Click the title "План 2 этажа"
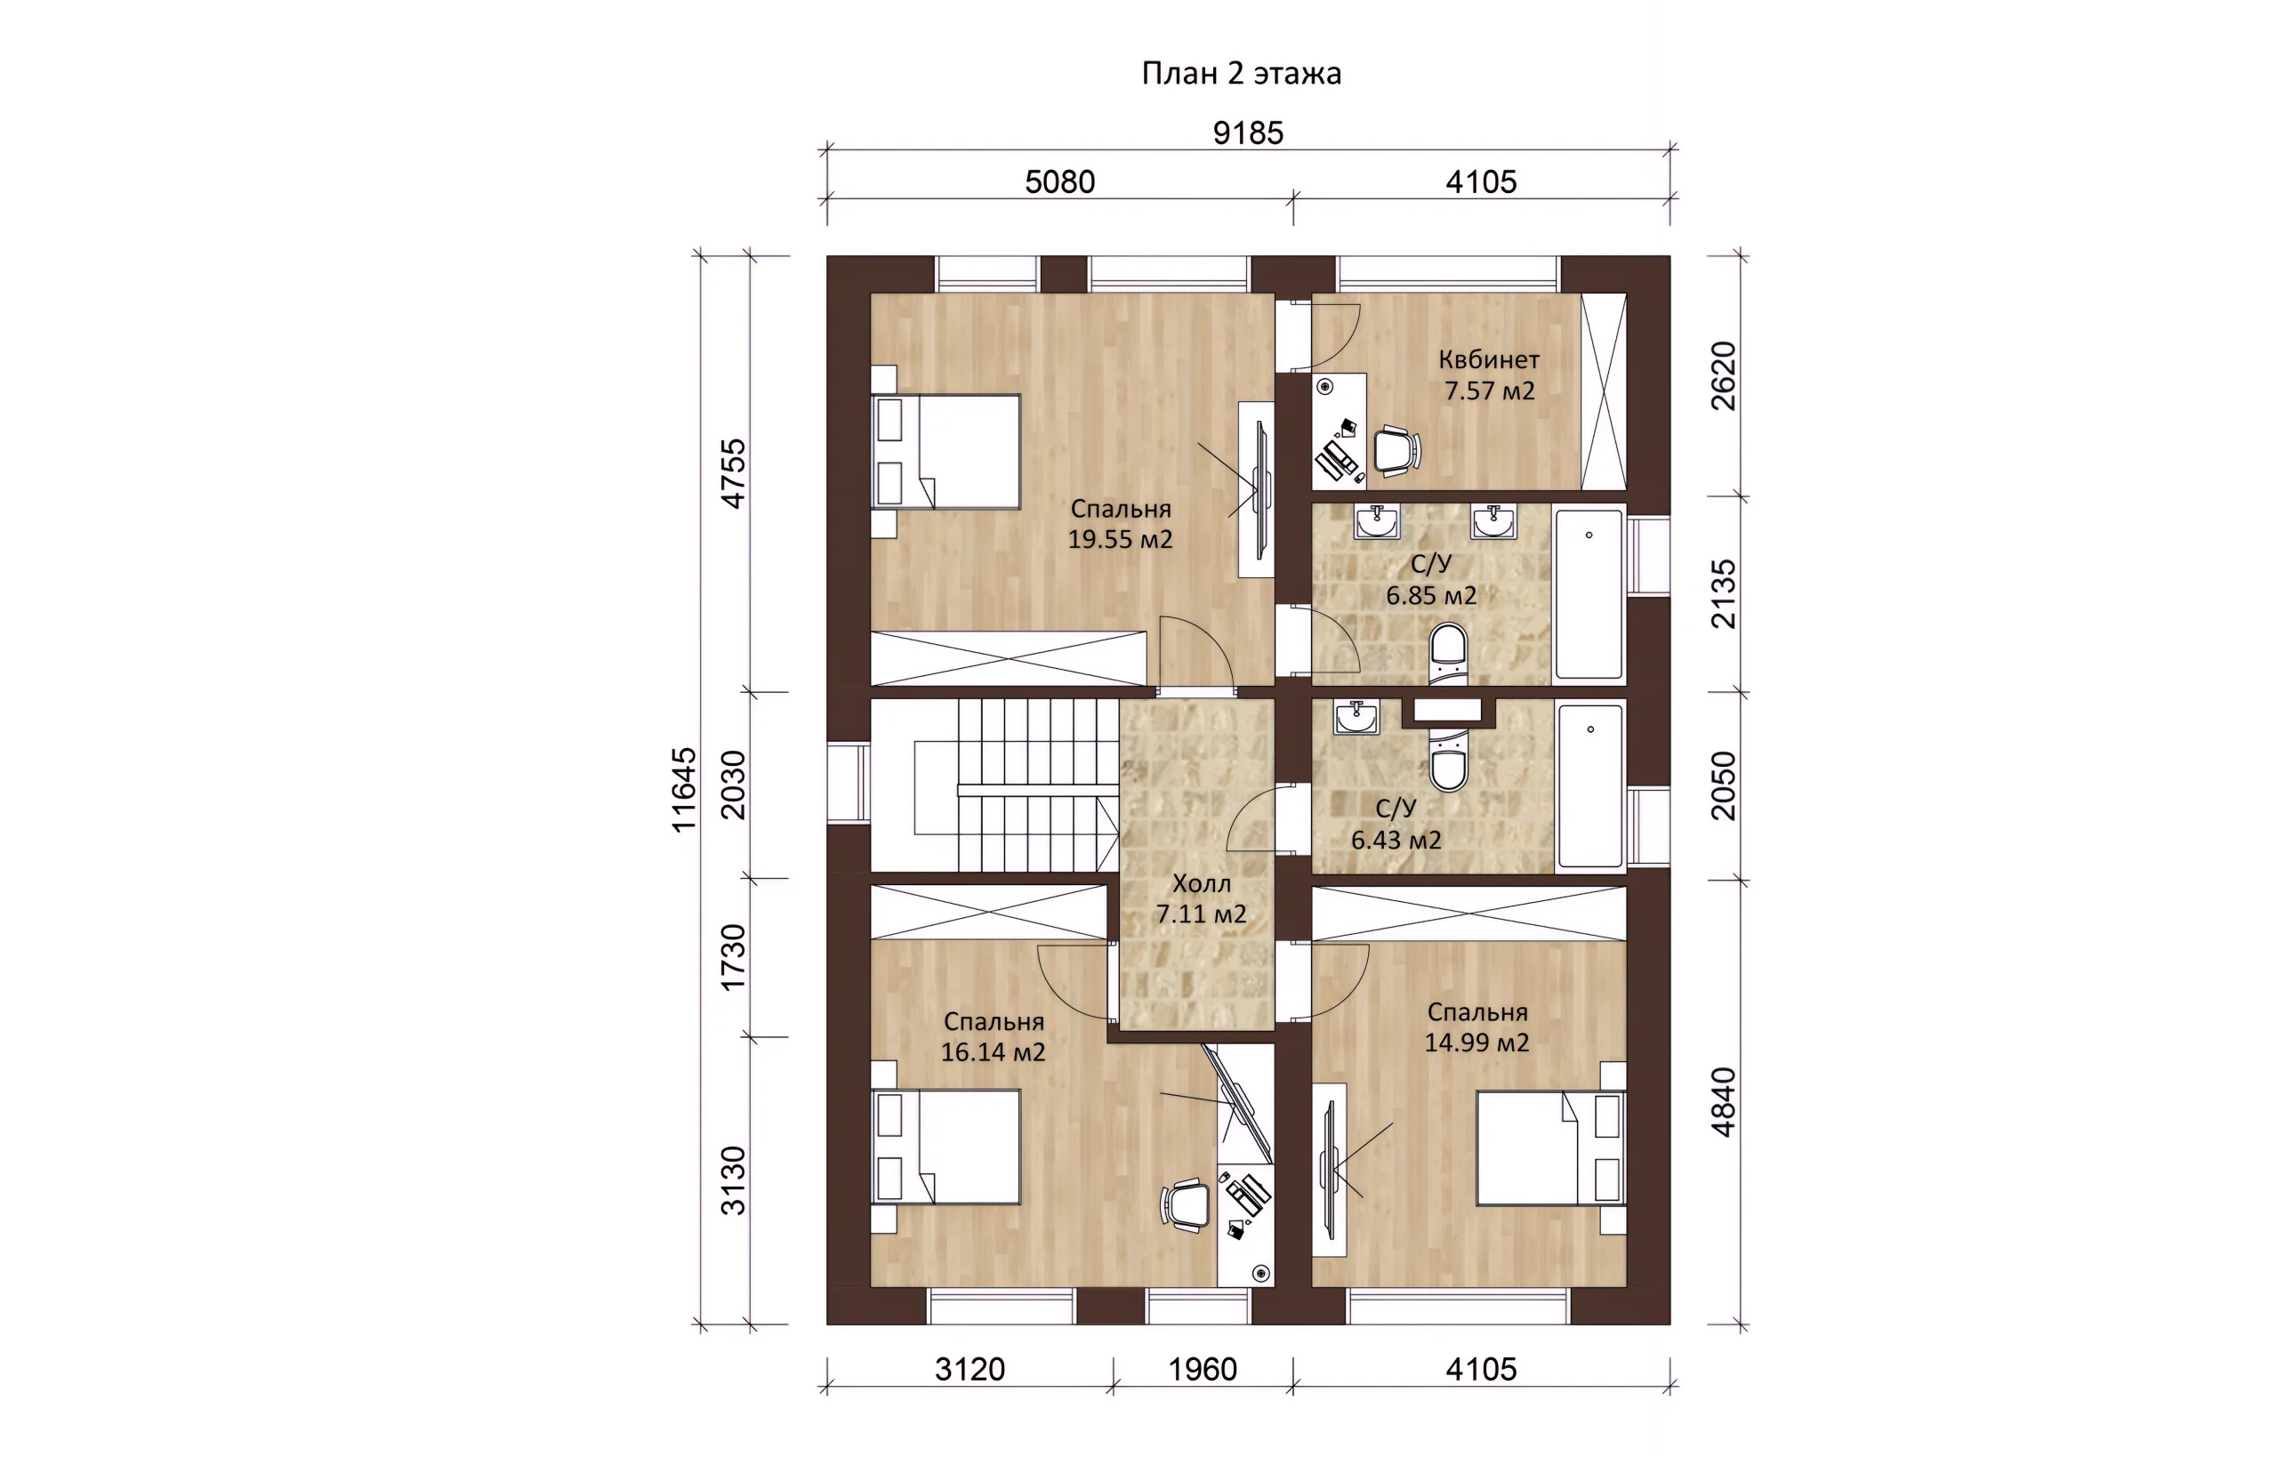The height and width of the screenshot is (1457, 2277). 1241,74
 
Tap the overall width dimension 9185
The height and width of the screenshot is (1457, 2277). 1248,133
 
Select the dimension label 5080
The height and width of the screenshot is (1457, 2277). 1059,181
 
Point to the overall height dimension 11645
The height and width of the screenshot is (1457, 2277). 684,790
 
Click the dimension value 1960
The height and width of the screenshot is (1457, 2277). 1203,1370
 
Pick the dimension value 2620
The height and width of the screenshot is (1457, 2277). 1724,375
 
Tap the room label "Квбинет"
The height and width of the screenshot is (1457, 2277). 1489,359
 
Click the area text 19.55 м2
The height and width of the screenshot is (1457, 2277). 1120,540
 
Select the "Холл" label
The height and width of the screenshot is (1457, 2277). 1202,883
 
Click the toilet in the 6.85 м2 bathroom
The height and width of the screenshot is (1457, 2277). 1447,653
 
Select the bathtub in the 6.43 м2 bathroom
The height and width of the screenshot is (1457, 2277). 1590,785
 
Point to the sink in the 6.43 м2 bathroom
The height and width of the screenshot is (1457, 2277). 1356,717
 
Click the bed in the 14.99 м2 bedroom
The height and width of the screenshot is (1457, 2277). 1549,1148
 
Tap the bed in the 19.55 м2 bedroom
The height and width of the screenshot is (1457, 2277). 946,452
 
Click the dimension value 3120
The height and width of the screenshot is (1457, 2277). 970,1370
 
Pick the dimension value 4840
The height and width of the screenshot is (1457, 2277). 1724,1102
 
